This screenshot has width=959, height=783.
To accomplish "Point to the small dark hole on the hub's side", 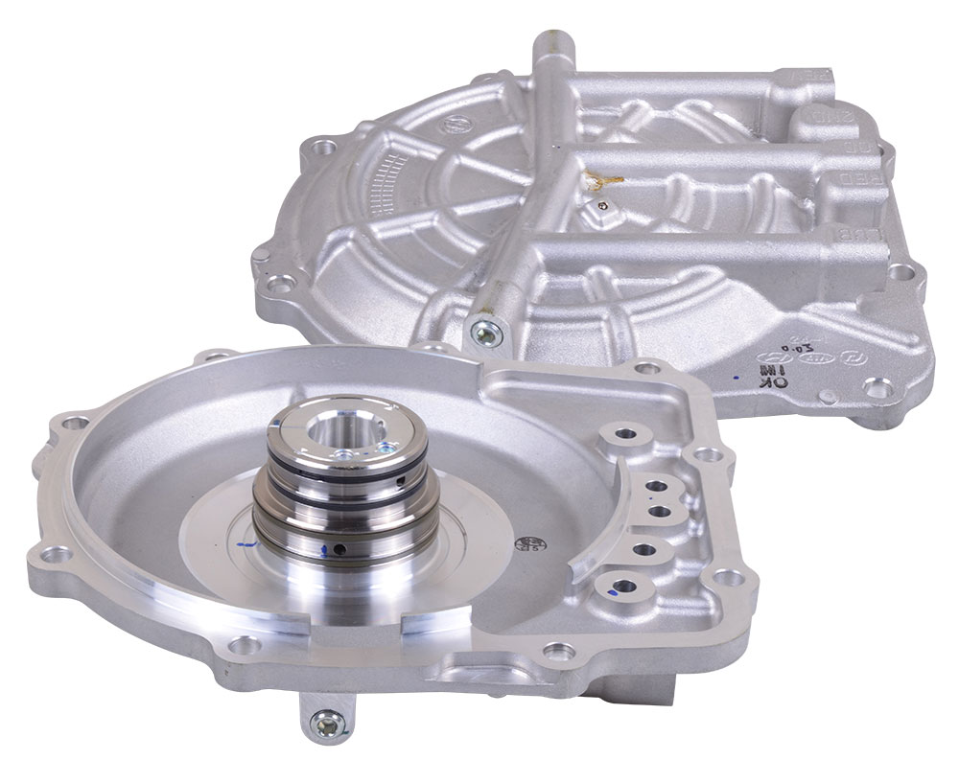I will [x=339, y=549].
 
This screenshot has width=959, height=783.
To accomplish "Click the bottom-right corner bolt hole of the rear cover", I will [x=873, y=386].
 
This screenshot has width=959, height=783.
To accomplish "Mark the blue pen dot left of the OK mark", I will [x=734, y=380].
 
